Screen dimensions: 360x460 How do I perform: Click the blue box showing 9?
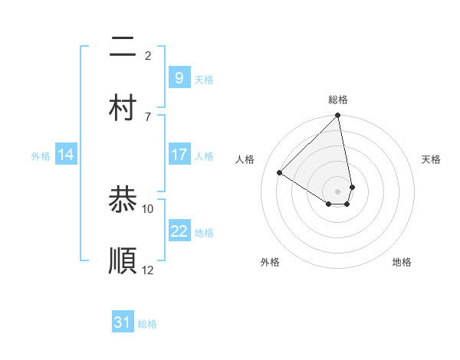coord(179,77)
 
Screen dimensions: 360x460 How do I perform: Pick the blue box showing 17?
coord(179,155)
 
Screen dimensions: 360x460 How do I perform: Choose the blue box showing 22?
coord(179,231)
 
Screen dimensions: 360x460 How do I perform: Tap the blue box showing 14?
coord(66,155)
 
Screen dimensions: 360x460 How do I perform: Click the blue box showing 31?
coord(123,322)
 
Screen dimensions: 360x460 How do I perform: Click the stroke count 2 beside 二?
coord(148,55)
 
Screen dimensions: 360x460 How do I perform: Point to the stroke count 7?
coord(148,116)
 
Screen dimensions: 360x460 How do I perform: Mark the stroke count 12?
coord(148,270)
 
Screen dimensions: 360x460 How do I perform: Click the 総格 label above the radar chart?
coord(338,100)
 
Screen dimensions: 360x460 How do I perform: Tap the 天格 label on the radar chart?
coord(432,159)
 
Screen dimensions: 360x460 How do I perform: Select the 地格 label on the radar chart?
coord(402,262)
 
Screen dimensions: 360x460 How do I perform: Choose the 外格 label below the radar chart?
coord(270,262)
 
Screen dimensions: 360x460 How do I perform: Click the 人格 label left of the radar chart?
coord(245,159)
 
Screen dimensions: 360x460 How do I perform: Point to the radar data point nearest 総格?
coord(338,116)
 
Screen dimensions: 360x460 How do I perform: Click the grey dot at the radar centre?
coord(338,191)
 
